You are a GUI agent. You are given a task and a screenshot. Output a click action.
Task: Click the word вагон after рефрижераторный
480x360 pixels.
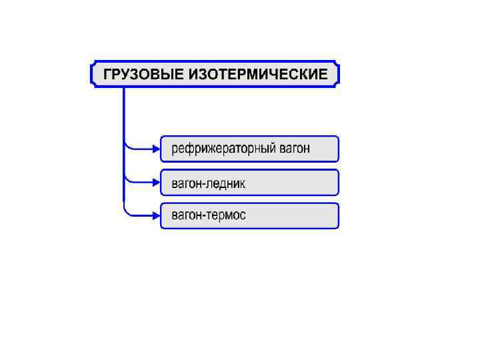click(x=295, y=149)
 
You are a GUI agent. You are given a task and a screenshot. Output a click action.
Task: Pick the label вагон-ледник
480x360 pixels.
click(x=209, y=182)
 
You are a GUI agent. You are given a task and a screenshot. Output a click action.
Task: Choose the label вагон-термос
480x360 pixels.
click(x=209, y=215)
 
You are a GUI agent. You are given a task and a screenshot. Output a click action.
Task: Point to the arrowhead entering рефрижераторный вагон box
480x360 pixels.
click(x=156, y=149)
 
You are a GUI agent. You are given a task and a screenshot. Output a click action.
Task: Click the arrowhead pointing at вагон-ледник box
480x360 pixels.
click(x=156, y=182)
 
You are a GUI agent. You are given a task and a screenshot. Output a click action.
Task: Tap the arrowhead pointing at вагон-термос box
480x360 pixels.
click(x=156, y=215)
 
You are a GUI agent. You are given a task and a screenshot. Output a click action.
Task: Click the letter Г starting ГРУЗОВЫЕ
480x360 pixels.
click(x=107, y=74)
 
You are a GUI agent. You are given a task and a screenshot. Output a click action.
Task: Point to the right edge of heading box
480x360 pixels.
click(x=339, y=74)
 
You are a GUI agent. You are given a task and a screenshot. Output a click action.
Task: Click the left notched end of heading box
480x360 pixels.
click(x=92, y=74)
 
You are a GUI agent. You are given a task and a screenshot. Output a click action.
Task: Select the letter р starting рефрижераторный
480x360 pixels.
click(x=175, y=149)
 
